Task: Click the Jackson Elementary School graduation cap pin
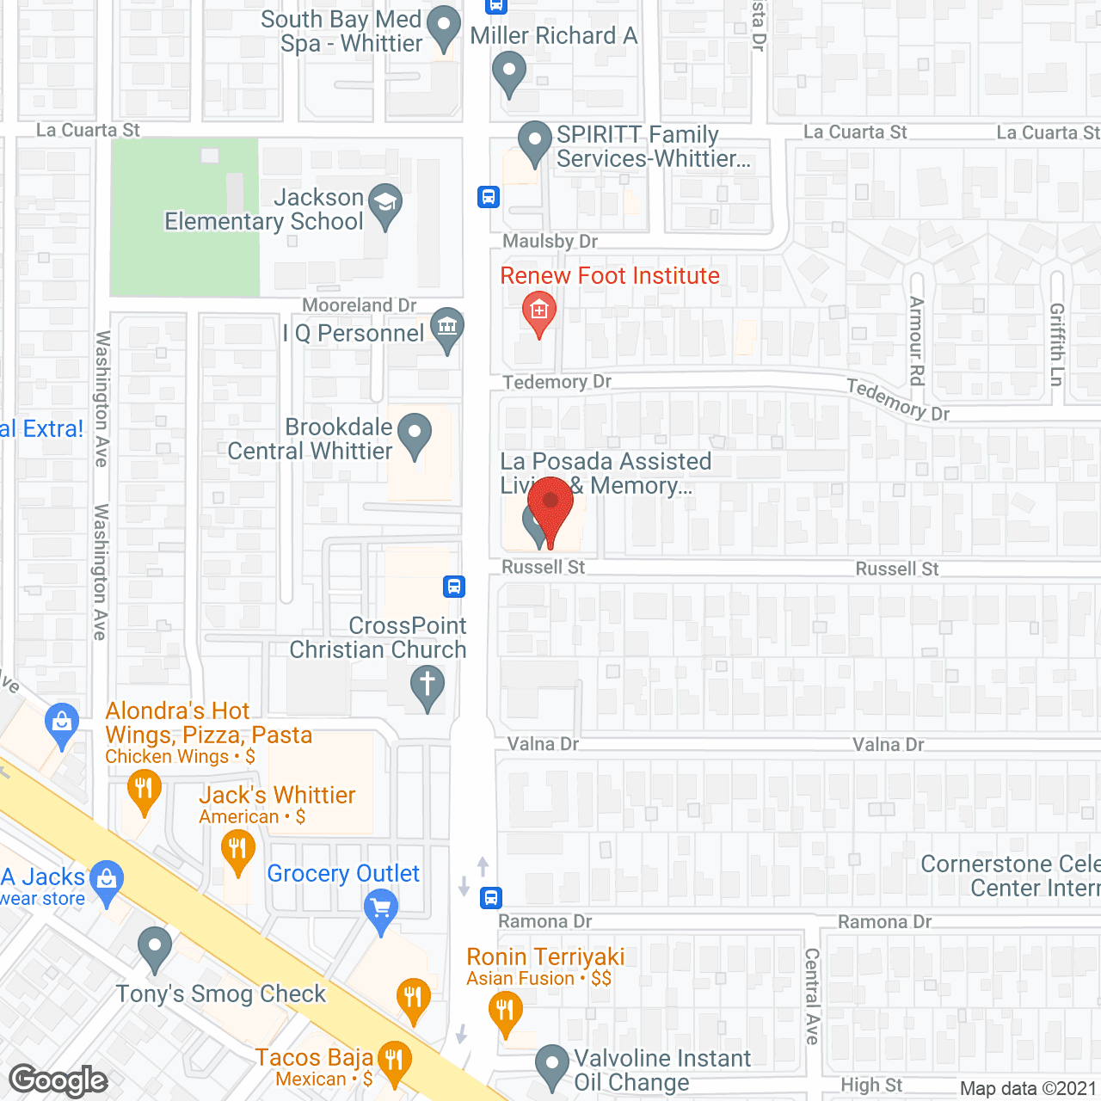point(385,205)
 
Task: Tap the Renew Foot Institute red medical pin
point(539,311)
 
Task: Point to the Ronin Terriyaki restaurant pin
point(505,1010)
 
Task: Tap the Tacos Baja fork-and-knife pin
point(394,1061)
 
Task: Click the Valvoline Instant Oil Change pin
point(551,1065)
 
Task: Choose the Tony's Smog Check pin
point(155,947)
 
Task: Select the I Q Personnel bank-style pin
point(446,327)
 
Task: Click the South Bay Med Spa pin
point(444,26)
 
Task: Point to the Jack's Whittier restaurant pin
point(237,850)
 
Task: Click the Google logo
point(58,1080)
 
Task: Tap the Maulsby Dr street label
point(550,242)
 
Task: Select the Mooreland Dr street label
point(359,305)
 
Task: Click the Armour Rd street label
point(917,341)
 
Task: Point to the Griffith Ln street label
point(1057,344)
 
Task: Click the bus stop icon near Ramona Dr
point(491,898)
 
